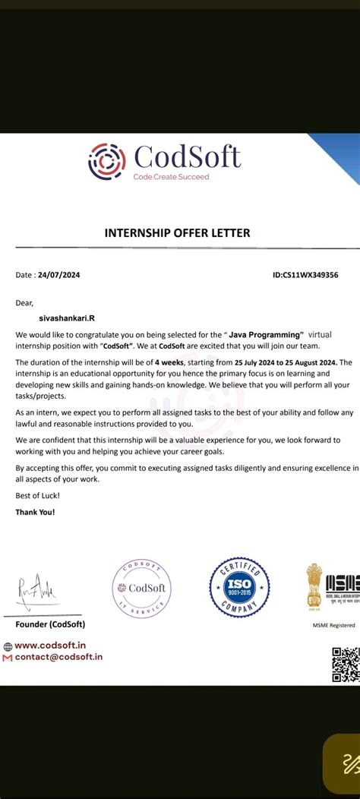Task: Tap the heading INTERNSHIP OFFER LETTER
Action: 177,233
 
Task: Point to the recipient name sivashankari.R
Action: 67,318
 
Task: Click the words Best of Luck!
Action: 37,495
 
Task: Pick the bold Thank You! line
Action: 35,512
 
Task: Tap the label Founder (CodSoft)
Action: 50,624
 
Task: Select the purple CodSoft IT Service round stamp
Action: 142,589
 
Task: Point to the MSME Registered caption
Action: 333,625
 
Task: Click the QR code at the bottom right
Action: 346,664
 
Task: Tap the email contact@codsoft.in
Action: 58,657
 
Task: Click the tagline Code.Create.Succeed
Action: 171,177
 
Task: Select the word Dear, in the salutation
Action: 24,302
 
